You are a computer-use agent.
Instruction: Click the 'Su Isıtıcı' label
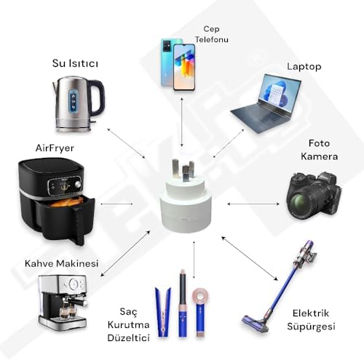point(75,63)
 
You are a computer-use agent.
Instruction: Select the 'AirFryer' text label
point(55,148)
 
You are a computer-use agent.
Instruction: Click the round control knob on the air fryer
point(78,184)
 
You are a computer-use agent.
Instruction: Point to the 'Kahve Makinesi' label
point(62,263)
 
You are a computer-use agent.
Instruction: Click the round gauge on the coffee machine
point(74,284)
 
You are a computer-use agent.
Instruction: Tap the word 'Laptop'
point(304,67)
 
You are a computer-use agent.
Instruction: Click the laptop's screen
point(279,93)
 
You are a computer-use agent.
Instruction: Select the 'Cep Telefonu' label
point(212,34)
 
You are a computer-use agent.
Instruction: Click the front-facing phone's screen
point(184,67)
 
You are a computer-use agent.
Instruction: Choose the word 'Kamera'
point(320,156)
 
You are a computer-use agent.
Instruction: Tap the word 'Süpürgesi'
point(311,327)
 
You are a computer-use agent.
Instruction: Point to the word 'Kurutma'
point(128,325)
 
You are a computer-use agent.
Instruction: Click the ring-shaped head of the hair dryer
point(201,296)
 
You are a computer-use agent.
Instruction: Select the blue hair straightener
point(163,312)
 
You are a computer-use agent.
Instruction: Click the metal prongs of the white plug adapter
point(183,169)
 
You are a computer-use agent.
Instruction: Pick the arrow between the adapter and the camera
point(253,204)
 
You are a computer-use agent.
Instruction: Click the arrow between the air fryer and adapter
point(117,204)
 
